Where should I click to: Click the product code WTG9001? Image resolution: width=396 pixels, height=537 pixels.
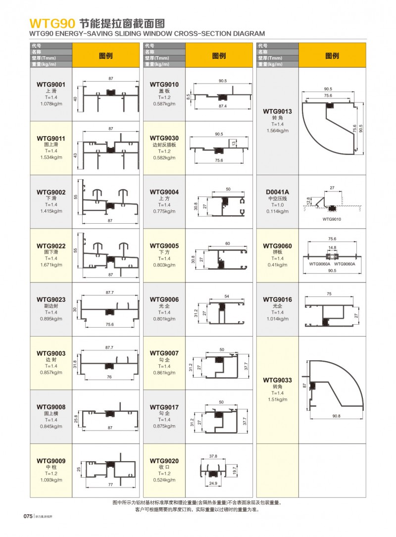pos(51,85)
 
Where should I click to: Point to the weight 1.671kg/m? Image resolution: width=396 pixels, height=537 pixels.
pos(51,265)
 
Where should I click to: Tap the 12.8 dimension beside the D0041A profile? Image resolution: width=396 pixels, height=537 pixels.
pos(308,200)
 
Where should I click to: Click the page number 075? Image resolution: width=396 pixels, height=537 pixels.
pos(28,516)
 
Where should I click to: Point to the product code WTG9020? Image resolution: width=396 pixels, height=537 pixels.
pos(164,461)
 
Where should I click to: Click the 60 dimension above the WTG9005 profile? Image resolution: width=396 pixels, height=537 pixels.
pos(228,244)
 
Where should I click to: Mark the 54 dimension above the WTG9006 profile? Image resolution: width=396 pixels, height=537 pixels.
pos(227,296)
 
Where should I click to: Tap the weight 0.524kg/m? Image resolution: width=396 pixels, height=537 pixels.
pos(164,480)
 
